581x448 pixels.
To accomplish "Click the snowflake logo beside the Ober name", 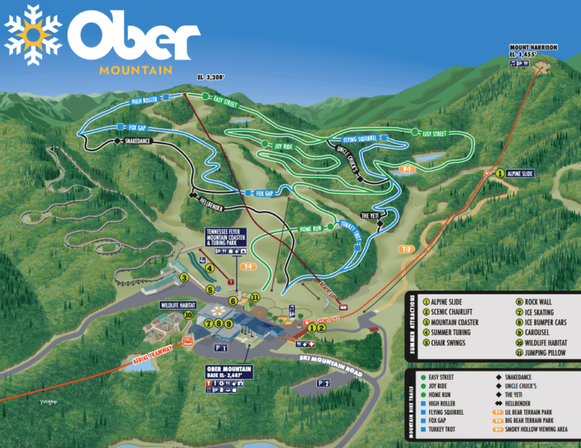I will coord(33,34).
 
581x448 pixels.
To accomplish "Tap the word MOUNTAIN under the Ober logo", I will coord(135,70).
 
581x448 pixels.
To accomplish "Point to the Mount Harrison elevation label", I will coord(534,54).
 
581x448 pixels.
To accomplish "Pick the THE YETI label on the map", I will coord(370,216).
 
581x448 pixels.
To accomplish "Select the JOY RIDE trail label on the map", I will coord(284,147).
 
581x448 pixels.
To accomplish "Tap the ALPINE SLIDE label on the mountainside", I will coord(520,173).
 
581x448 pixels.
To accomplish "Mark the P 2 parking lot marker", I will coord(323,384).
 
